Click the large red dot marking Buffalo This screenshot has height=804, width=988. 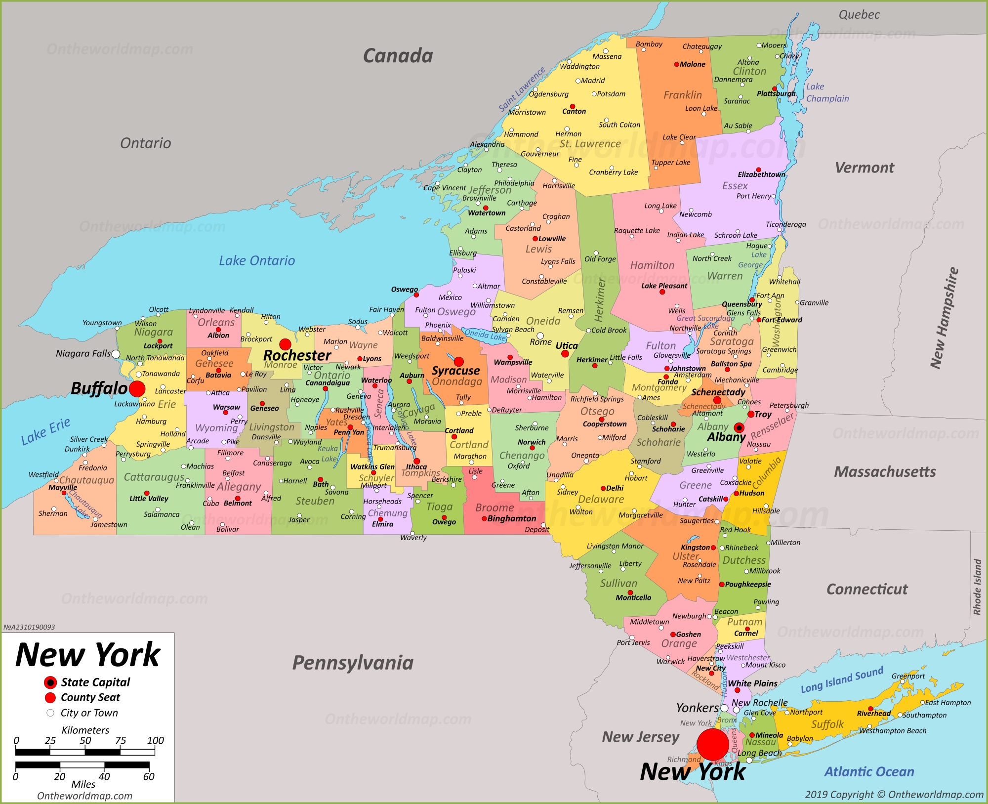137,389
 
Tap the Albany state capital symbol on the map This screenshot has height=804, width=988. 739,427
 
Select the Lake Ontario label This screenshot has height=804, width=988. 257,260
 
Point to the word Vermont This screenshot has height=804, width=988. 864,168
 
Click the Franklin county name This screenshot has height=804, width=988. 682,95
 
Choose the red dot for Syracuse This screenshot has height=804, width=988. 458,362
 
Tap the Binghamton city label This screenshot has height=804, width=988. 511,518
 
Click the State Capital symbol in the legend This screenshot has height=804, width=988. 50,682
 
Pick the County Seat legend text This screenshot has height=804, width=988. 90,697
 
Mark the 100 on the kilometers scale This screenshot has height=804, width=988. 155,740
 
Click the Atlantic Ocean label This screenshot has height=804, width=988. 869,771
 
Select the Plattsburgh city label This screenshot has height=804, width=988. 776,93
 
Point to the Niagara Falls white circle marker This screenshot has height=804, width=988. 116,354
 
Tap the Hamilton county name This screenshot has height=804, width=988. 652,265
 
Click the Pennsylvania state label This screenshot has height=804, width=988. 353,663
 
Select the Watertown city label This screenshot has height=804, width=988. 487,213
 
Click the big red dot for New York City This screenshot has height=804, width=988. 712,744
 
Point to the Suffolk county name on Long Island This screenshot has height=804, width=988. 827,724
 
